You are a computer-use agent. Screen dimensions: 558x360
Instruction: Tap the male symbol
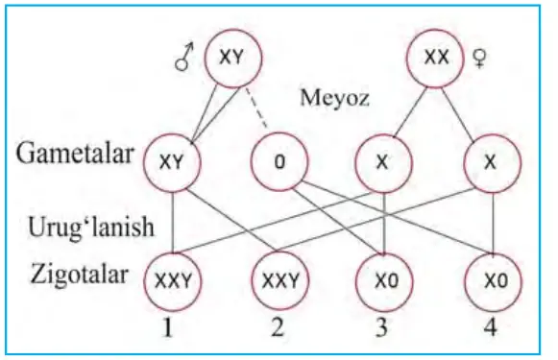184,57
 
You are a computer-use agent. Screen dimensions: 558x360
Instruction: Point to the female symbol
480,59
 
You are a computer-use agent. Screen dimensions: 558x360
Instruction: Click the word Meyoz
334,98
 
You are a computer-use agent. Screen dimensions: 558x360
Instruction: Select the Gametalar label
75,154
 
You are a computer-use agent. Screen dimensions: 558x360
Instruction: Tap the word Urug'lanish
90,227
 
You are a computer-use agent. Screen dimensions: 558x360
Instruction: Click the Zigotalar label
79,275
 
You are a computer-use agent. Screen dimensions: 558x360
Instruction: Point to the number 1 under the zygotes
168,327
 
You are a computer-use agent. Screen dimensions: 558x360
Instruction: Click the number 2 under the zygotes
278,327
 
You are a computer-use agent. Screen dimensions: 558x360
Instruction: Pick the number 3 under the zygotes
381,327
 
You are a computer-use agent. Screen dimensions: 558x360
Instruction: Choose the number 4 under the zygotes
490,327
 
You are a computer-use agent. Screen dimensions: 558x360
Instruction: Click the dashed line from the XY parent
256,108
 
